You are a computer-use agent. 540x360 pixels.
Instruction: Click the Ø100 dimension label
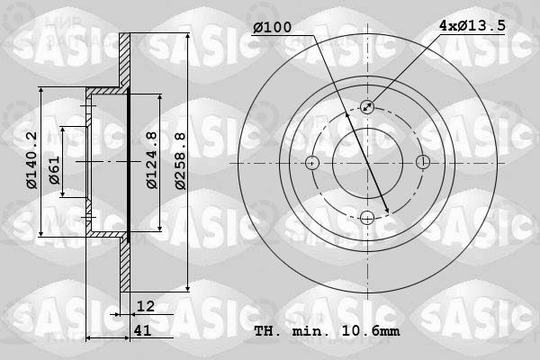[x=272, y=27]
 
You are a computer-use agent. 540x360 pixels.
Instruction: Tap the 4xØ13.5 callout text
[x=472, y=25]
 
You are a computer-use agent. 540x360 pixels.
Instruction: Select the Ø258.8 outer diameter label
[x=180, y=160]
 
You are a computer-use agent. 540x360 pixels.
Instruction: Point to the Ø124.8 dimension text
[x=152, y=160]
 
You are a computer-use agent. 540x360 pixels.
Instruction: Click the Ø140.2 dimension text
[x=31, y=160]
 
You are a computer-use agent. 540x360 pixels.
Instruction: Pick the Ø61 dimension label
[x=54, y=170]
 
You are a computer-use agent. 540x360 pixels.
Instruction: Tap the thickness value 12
[x=146, y=306]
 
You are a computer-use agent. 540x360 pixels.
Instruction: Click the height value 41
[x=142, y=330]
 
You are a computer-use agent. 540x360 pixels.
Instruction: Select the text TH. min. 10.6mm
[x=327, y=331]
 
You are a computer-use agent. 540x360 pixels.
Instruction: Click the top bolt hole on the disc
[x=367, y=107]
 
